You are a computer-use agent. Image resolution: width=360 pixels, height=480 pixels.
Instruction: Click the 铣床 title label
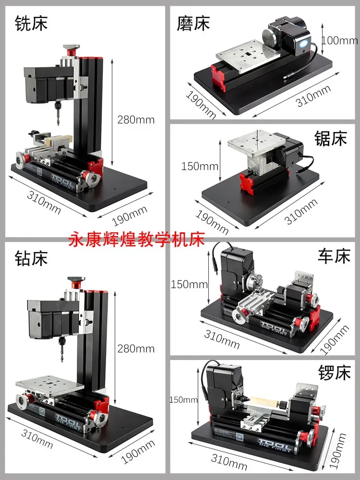coord(31,23)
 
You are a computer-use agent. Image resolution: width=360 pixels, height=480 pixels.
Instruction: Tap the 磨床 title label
coord(193,23)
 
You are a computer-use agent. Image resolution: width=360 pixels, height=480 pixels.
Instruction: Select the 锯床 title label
coord(330,139)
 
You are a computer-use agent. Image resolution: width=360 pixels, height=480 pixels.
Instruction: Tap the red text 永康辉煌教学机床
coord(137,239)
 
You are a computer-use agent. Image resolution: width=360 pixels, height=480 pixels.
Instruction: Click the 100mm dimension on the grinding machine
coord(340,40)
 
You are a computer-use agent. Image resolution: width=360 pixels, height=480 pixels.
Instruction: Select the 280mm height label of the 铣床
coord(136,120)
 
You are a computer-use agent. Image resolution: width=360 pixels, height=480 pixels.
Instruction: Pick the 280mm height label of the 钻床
coord(136,348)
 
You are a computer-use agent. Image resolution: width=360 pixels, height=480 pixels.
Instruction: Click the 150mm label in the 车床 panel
coord(189,284)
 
